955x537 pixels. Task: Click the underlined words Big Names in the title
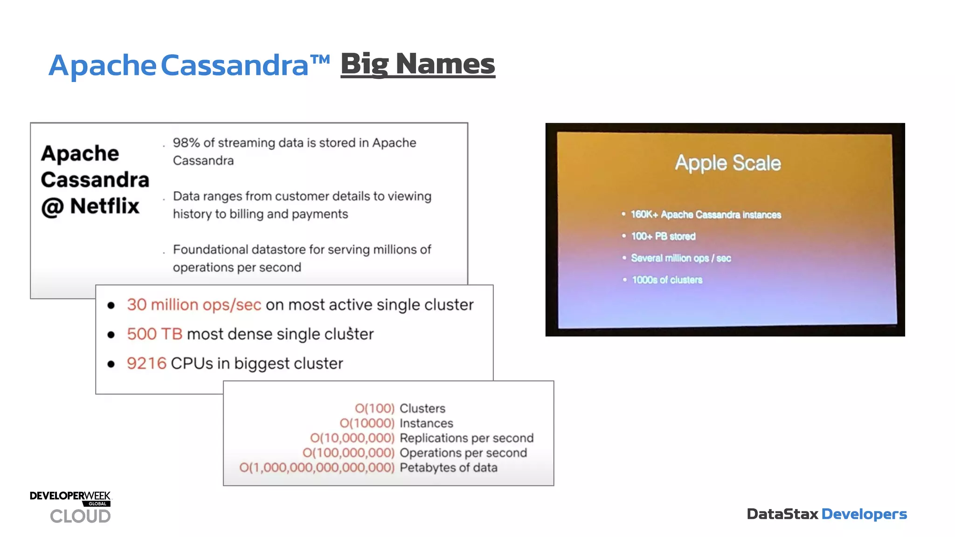click(417, 64)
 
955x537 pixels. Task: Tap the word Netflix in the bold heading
click(104, 206)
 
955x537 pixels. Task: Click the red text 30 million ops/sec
click(194, 305)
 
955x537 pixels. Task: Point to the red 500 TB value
click(154, 334)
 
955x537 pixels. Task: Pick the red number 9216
click(146, 364)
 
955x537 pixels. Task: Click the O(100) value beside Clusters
click(374, 408)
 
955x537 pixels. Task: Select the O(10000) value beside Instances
click(367, 423)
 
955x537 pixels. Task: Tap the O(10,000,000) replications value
click(352, 438)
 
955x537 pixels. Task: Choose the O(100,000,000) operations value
click(348, 453)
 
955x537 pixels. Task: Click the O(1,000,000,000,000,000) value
click(317, 468)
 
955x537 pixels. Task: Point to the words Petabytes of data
click(448, 468)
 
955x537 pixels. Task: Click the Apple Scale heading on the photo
click(727, 163)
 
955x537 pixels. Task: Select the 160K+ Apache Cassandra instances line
click(706, 214)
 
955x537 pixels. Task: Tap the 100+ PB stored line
click(663, 236)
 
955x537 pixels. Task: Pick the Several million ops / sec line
click(680, 258)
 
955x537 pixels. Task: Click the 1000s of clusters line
click(667, 280)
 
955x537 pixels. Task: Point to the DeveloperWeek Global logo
click(70, 497)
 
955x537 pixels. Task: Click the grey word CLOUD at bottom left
click(80, 516)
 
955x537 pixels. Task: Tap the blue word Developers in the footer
click(864, 514)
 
